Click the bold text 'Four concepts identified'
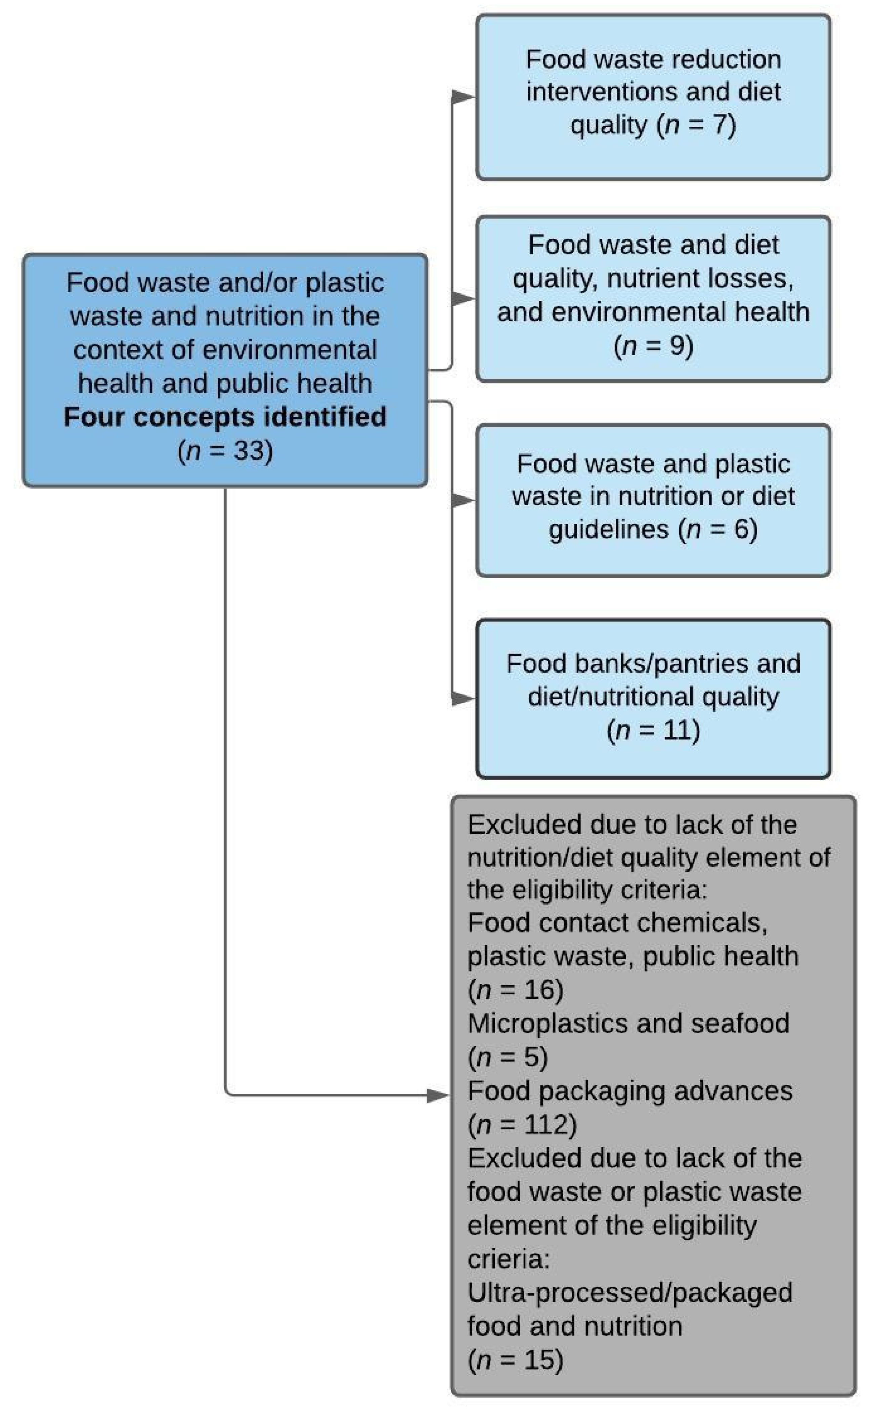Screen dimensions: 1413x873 [225, 416]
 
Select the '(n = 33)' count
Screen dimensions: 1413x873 [225, 450]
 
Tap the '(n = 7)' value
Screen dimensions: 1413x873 [696, 125]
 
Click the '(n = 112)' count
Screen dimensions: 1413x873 [522, 1124]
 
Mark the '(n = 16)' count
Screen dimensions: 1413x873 [515, 990]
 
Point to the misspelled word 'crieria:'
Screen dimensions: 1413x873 [508, 1259]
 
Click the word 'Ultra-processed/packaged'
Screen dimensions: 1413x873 [629, 1293]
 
